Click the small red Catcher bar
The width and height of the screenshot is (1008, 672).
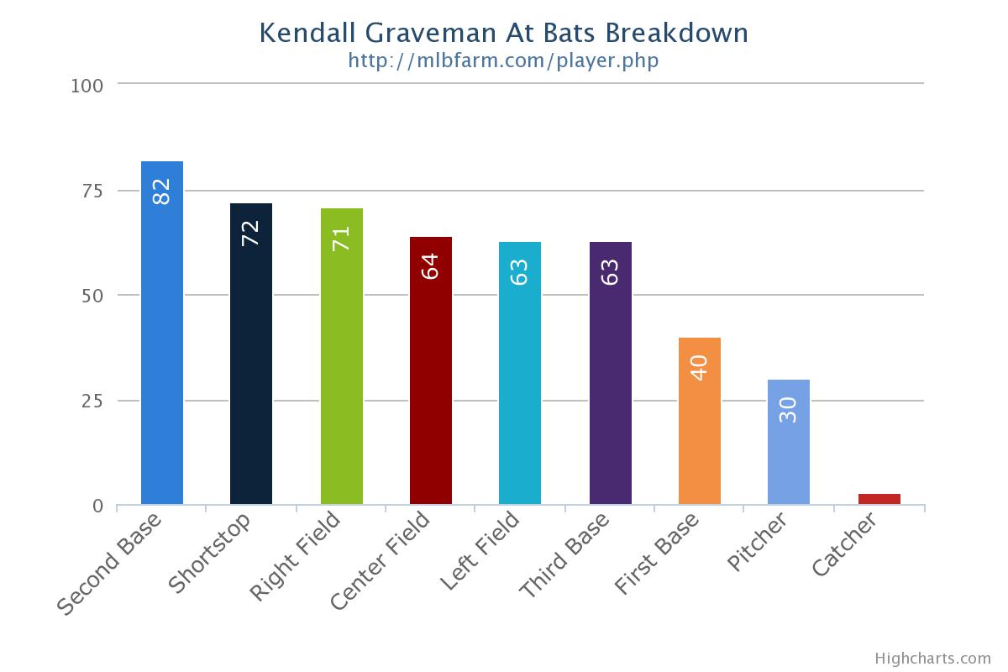click(879, 499)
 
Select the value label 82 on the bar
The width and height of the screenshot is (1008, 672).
click(161, 192)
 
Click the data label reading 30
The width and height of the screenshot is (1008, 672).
click(788, 409)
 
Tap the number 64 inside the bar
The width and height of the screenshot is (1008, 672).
click(430, 267)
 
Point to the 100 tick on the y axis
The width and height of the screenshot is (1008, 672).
click(87, 86)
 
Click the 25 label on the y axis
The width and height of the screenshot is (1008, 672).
click(92, 401)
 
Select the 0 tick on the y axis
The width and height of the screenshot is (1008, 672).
click(98, 507)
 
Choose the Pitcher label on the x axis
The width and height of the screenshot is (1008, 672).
click(758, 543)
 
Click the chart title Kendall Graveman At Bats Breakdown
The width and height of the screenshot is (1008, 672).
click(503, 33)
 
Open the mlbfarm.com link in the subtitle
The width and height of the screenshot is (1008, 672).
click(503, 60)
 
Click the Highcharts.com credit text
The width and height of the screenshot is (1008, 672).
click(932, 659)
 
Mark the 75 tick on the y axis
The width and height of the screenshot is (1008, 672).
click(92, 191)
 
